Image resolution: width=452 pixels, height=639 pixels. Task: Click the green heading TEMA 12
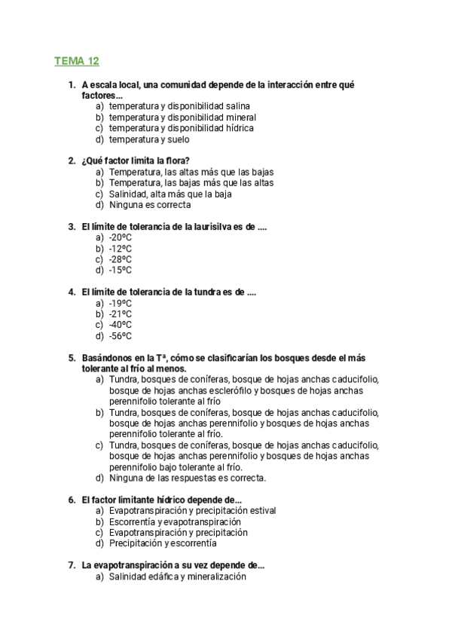tap(76, 60)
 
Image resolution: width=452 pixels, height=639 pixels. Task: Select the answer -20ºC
tap(121, 237)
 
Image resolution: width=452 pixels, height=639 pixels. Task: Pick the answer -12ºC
tap(121, 248)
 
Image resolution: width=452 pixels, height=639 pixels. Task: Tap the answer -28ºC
tap(121, 259)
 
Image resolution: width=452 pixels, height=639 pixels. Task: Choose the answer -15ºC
tap(121, 270)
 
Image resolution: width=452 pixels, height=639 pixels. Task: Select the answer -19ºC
tap(121, 303)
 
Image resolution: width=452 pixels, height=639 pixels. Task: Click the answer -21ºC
tap(121, 314)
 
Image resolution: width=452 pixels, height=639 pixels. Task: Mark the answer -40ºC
tap(121, 325)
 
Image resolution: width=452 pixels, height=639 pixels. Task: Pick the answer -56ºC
tap(121, 336)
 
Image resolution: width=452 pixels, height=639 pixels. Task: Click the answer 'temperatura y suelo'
tap(149, 139)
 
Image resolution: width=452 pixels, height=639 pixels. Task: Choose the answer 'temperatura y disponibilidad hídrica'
tap(181, 128)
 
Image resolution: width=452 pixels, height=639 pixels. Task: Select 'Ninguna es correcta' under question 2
tap(150, 204)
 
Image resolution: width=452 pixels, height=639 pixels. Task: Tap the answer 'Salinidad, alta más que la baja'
tap(170, 194)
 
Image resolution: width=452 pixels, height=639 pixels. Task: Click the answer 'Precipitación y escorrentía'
tap(163, 543)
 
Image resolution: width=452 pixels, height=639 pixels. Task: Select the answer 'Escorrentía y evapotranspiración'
tap(175, 521)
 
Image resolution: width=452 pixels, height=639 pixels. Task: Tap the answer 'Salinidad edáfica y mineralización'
tap(178, 576)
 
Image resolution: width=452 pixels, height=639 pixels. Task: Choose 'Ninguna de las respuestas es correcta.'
tap(188, 477)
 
